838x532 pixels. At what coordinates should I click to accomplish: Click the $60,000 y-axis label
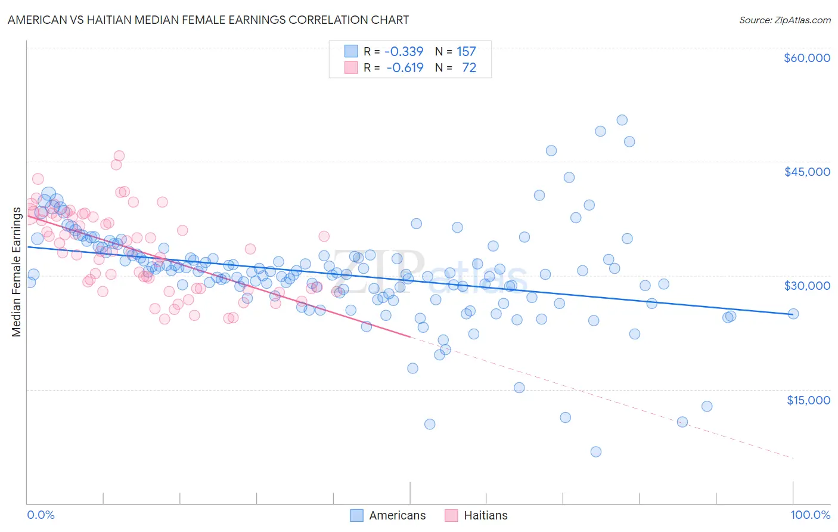tap(806, 58)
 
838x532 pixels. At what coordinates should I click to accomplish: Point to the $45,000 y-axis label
tap(806, 172)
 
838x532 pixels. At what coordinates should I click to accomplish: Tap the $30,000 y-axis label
tap(806, 286)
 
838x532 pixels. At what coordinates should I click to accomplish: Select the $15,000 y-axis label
tap(808, 400)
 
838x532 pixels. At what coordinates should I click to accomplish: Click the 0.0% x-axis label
tap(41, 515)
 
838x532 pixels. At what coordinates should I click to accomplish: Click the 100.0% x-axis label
tap(810, 515)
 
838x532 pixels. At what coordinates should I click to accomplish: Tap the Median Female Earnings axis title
tap(17, 272)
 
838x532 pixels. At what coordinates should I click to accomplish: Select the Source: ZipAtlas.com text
tap(784, 20)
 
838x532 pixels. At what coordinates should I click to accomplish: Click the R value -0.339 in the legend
tap(404, 51)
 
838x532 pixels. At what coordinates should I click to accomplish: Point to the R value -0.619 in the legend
tap(405, 67)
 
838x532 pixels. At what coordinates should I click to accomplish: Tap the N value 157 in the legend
tap(466, 51)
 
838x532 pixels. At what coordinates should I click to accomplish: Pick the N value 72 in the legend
tap(469, 67)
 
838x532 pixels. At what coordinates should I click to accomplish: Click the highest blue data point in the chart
tap(622, 120)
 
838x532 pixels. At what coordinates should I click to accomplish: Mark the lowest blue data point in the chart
tap(595, 451)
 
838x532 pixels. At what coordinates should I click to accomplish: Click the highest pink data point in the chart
tap(119, 156)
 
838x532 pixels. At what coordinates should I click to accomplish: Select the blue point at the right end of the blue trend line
tap(793, 314)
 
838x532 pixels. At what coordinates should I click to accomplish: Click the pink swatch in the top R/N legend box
tap(351, 67)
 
